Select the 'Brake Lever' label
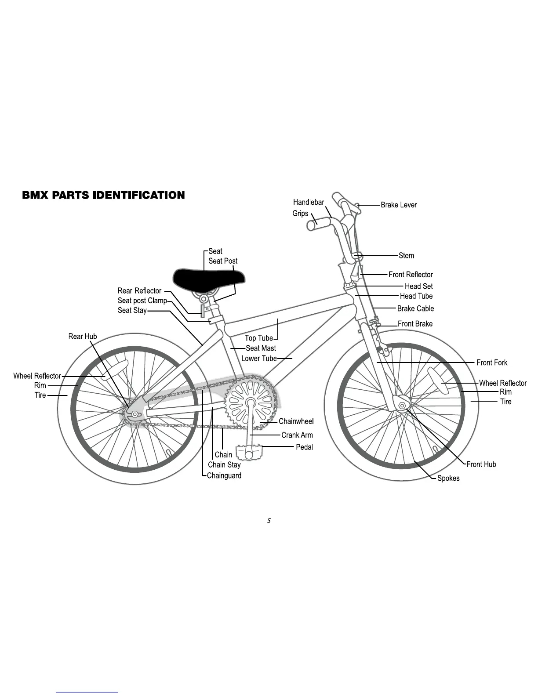click(399, 205)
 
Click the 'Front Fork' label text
click(492, 362)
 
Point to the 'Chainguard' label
click(224, 475)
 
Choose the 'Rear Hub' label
click(83, 337)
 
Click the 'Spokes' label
click(448, 478)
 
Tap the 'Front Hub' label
click(481, 464)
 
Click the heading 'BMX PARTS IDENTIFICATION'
click(103, 195)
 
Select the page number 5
click(269, 521)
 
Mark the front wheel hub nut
click(402, 405)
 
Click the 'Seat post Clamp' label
click(142, 301)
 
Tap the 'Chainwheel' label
click(296, 421)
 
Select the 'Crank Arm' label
click(297, 435)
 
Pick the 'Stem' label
click(407, 256)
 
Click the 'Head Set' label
click(419, 286)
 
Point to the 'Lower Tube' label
click(259, 359)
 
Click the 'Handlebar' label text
click(309, 202)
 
